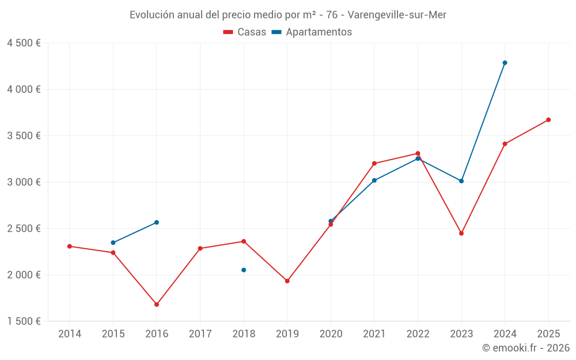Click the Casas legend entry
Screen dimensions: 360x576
[245, 32]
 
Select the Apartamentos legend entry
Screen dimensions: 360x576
[312, 32]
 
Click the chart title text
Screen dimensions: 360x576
[287, 15]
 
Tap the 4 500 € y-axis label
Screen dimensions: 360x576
[24, 43]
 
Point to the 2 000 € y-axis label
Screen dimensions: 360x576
[24, 275]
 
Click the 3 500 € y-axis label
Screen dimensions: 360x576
[24, 136]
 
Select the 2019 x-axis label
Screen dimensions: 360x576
[287, 334]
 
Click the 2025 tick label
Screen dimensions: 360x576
[548, 334]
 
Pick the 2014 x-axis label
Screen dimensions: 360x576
[69, 334]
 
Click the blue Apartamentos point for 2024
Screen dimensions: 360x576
[505, 63]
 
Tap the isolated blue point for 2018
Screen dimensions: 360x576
[244, 270]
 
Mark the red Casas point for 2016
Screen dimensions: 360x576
[157, 305]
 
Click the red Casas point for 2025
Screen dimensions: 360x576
[548, 120]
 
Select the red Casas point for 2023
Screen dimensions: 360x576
[461, 233]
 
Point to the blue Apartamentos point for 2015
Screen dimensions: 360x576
[113, 242]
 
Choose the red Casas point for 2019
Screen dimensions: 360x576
[287, 281]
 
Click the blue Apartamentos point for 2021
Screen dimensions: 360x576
[374, 180]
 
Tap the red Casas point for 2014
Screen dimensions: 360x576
[69, 246]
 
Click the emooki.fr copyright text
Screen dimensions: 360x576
[525, 348]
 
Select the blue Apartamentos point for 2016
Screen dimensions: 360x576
[157, 222]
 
